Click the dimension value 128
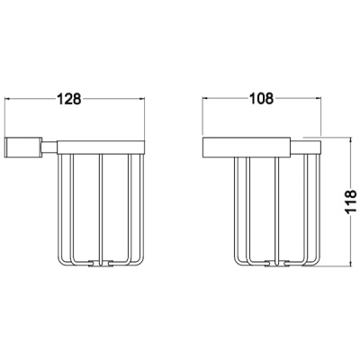[x=69, y=99]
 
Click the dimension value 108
[x=262, y=98]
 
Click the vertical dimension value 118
[x=350, y=202]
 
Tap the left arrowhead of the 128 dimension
[x=8, y=99]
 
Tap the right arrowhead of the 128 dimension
[x=142, y=99]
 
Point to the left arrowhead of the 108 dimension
[x=205, y=98]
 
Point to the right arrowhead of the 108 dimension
[x=319, y=98]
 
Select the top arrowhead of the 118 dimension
[x=350, y=140]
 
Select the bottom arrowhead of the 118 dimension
[x=350, y=264]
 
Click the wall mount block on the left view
[x=23, y=147]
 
